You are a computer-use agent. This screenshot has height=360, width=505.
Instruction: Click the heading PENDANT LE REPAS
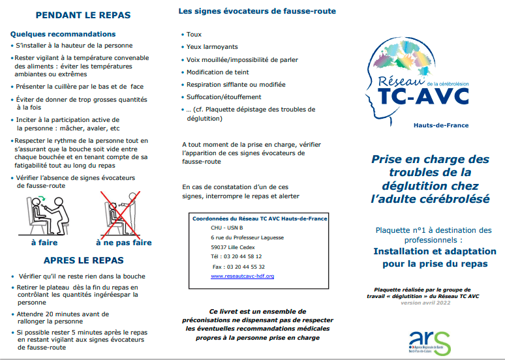point(83,15)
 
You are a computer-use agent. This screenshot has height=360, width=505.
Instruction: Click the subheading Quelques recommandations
point(63,33)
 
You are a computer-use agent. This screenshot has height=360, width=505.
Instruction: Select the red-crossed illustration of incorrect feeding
point(121,213)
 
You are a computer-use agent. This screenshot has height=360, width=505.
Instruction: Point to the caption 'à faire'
point(44,243)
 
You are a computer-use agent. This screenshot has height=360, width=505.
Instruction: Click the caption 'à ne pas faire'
point(123,243)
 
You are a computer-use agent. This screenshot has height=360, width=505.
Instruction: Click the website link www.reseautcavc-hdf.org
point(242,276)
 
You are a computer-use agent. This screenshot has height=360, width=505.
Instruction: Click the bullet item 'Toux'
point(194,35)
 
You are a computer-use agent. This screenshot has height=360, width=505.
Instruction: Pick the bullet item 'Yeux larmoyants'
point(212,47)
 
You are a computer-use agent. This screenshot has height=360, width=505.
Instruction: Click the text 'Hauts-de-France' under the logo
point(441,125)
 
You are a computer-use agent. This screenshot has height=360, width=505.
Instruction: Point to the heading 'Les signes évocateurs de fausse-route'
point(257,11)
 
